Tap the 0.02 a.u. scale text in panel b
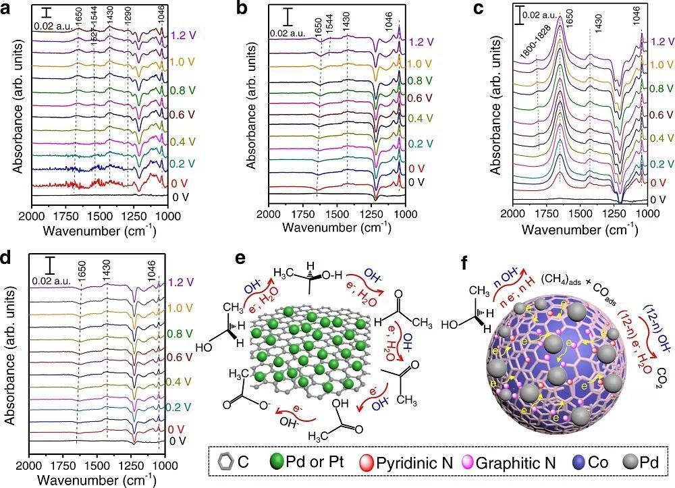[289, 32]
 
